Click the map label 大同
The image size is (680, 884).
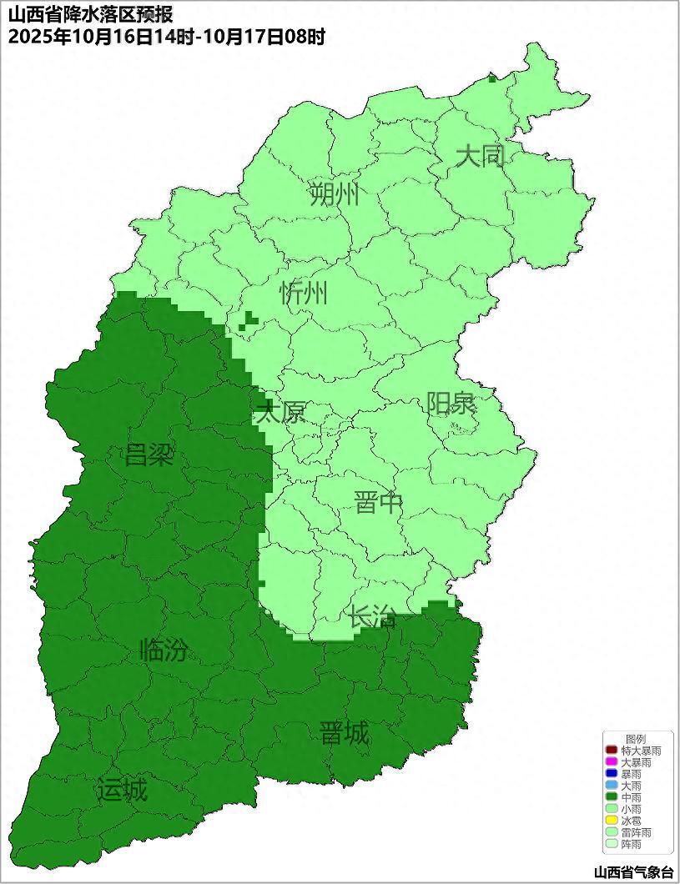pyautogui.click(x=480, y=155)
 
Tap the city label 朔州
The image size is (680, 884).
pyautogui.click(x=335, y=194)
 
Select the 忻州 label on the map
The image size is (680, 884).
pyautogui.click(x=303, y=294)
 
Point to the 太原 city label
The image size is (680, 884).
pyautogui.click(x=280, y=412)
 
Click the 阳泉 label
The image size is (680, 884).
pyautogui.click(x=451, y=404)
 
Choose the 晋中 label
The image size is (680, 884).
pyautogui.click(x=378, y=503)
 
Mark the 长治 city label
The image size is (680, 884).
pyautogui.click(x=372, y=617)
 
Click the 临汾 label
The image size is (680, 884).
pyautogui.click(x=164, y=650)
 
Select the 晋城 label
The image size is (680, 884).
pyautogui.click(x=344, y=734)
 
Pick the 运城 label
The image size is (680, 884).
pyautogui.click(x=122, y=790)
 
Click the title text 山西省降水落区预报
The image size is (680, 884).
pyautogui.click(x=90, y=15)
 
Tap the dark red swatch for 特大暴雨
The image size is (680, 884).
pyautogui.click(x=612, y=751)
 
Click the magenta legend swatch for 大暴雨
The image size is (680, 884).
pyautogui.click(x=612, y=762)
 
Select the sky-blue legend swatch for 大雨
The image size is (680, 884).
pyautogui.click(x=612, y=786)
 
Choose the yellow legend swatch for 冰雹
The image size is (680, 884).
pyautogui.click(x=612, y=821)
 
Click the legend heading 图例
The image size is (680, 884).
pyautogui.click(x=636, y=739)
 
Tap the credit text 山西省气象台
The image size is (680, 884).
pyautogui.click(x=634, y=872)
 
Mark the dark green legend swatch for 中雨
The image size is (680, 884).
pyautogui.click(x=612, y=797)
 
